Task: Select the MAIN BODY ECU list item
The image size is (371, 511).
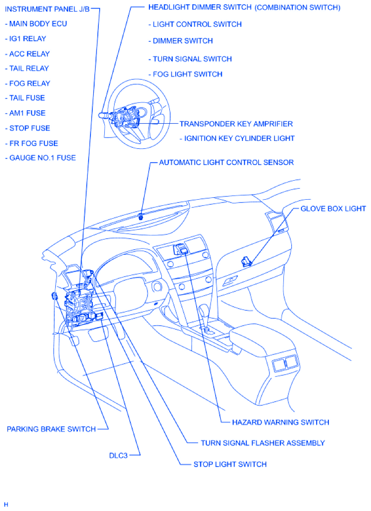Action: (39, 24)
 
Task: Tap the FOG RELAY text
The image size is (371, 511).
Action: (30, 83)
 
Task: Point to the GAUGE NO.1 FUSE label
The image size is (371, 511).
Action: (43, 158)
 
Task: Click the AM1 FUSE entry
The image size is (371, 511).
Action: (27, 113)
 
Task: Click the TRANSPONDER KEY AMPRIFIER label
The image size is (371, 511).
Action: (236, 124)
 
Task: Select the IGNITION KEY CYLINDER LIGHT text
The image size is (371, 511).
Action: (239, 138)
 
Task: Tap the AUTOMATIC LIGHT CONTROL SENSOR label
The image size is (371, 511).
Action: (226, 163)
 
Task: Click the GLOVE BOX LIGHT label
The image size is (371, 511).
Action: (333, 208)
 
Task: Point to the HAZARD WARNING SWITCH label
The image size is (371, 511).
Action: (281, 422)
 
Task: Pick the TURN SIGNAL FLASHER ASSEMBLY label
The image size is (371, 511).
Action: (262, 443)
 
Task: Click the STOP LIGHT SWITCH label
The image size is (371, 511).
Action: (230, 464)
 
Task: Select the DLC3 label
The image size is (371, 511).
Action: (118, 455)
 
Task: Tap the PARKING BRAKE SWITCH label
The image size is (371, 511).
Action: (51, 429)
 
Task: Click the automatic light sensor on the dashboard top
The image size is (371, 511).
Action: (141, 215)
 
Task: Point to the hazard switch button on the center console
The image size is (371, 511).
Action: (181, 250)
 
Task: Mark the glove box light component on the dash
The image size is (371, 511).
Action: (246, 262)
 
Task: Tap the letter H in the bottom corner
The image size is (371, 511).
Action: (6, 504)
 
